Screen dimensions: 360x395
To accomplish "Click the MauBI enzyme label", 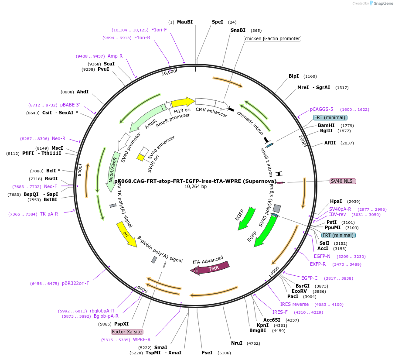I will click(x=184, y=22).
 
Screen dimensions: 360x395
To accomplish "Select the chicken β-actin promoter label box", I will click(x=272, y=38).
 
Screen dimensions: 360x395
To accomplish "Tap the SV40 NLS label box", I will click(x=343, y=181).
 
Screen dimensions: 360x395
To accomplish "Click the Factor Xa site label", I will click(x=127, y=332).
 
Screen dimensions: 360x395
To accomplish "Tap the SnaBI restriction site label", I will click(x=238, y=31).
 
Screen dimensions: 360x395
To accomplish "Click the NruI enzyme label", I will click(x=236, y=343).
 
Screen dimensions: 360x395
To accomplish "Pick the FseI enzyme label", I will click(x=207, y=353).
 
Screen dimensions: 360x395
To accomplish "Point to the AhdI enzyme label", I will click(x=82, y=92).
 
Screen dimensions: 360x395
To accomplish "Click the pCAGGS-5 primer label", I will click(x=321, y=109).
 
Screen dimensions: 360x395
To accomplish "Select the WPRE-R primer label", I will click(x=142, y=339).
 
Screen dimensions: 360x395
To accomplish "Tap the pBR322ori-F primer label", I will click(x=75, y=283).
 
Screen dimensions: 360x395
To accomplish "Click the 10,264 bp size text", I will click(x=195, y=187).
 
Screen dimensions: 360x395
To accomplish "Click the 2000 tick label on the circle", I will click(x=303, y=141).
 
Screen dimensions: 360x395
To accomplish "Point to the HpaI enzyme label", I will click(x=336, y=201).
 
